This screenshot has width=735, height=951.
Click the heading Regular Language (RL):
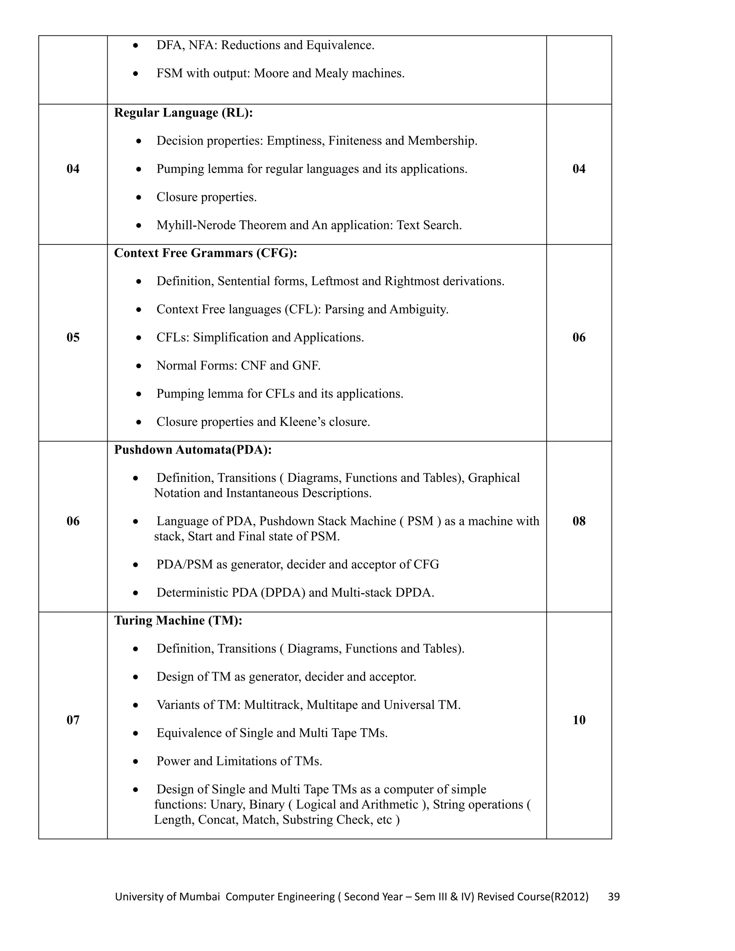coord(183,113)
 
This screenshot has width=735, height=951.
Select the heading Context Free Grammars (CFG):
coord(205,253)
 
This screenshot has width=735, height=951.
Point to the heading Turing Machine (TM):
coord(178,620)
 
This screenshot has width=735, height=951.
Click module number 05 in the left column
coord(73,337)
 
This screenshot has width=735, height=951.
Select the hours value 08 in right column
coord(579,521)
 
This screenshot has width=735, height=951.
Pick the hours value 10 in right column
coord(579,720)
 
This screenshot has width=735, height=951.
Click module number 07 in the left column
coord(73,720)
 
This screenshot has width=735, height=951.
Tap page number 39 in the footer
coord(613,896)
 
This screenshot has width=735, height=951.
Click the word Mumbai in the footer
coord(200,896)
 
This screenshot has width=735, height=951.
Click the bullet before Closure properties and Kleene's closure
coord(139,422)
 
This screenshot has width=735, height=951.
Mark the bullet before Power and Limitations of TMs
coord(136,762)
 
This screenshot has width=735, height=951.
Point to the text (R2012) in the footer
coord(570,896)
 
